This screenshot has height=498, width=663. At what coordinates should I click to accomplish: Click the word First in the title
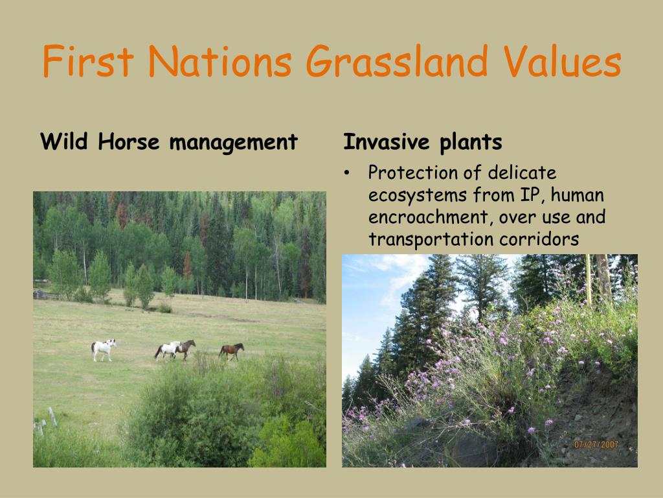88,61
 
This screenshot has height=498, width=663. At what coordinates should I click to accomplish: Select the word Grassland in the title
397,61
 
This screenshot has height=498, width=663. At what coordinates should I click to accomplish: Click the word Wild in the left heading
64,141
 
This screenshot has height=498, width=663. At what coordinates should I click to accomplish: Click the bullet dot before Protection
347,172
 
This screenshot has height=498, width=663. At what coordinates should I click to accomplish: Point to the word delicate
522,172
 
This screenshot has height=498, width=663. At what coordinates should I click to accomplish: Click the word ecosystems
418,196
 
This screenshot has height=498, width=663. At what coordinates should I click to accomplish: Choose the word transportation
430,240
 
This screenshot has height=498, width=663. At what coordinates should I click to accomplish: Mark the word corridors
539,239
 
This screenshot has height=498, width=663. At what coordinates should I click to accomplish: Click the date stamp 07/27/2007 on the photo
596,445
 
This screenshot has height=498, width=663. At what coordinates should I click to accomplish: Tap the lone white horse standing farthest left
103,350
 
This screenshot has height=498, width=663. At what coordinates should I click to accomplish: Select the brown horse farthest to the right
231,351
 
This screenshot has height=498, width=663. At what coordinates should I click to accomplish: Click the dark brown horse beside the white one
186,349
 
